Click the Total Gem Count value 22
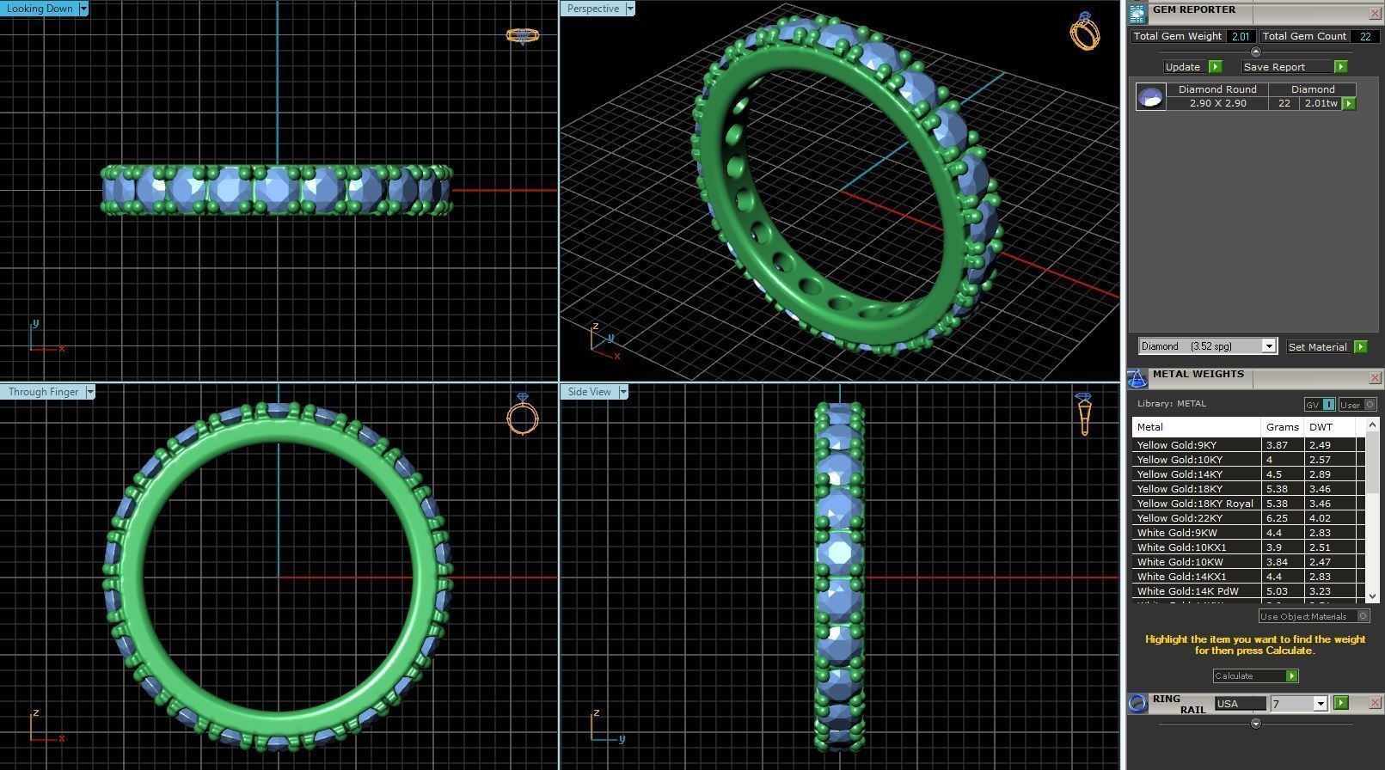click(1364, 36)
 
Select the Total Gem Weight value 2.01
click(1240, 36)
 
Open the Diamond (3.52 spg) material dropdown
click(1268, 346)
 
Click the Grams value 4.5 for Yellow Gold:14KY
click(1273, 474)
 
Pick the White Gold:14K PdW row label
click(1187, 591)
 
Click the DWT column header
click(1321, 427)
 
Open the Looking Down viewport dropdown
click(83, 9)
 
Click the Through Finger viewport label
click(43, 392)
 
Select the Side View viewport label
click(589, 392)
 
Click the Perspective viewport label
click(592, 9)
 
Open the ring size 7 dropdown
click(1321, 704)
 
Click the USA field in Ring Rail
click(1239, 704)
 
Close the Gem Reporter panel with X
click(1374, 14)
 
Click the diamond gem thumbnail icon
click(1150, 96)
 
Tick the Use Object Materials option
click(1363, 616)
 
